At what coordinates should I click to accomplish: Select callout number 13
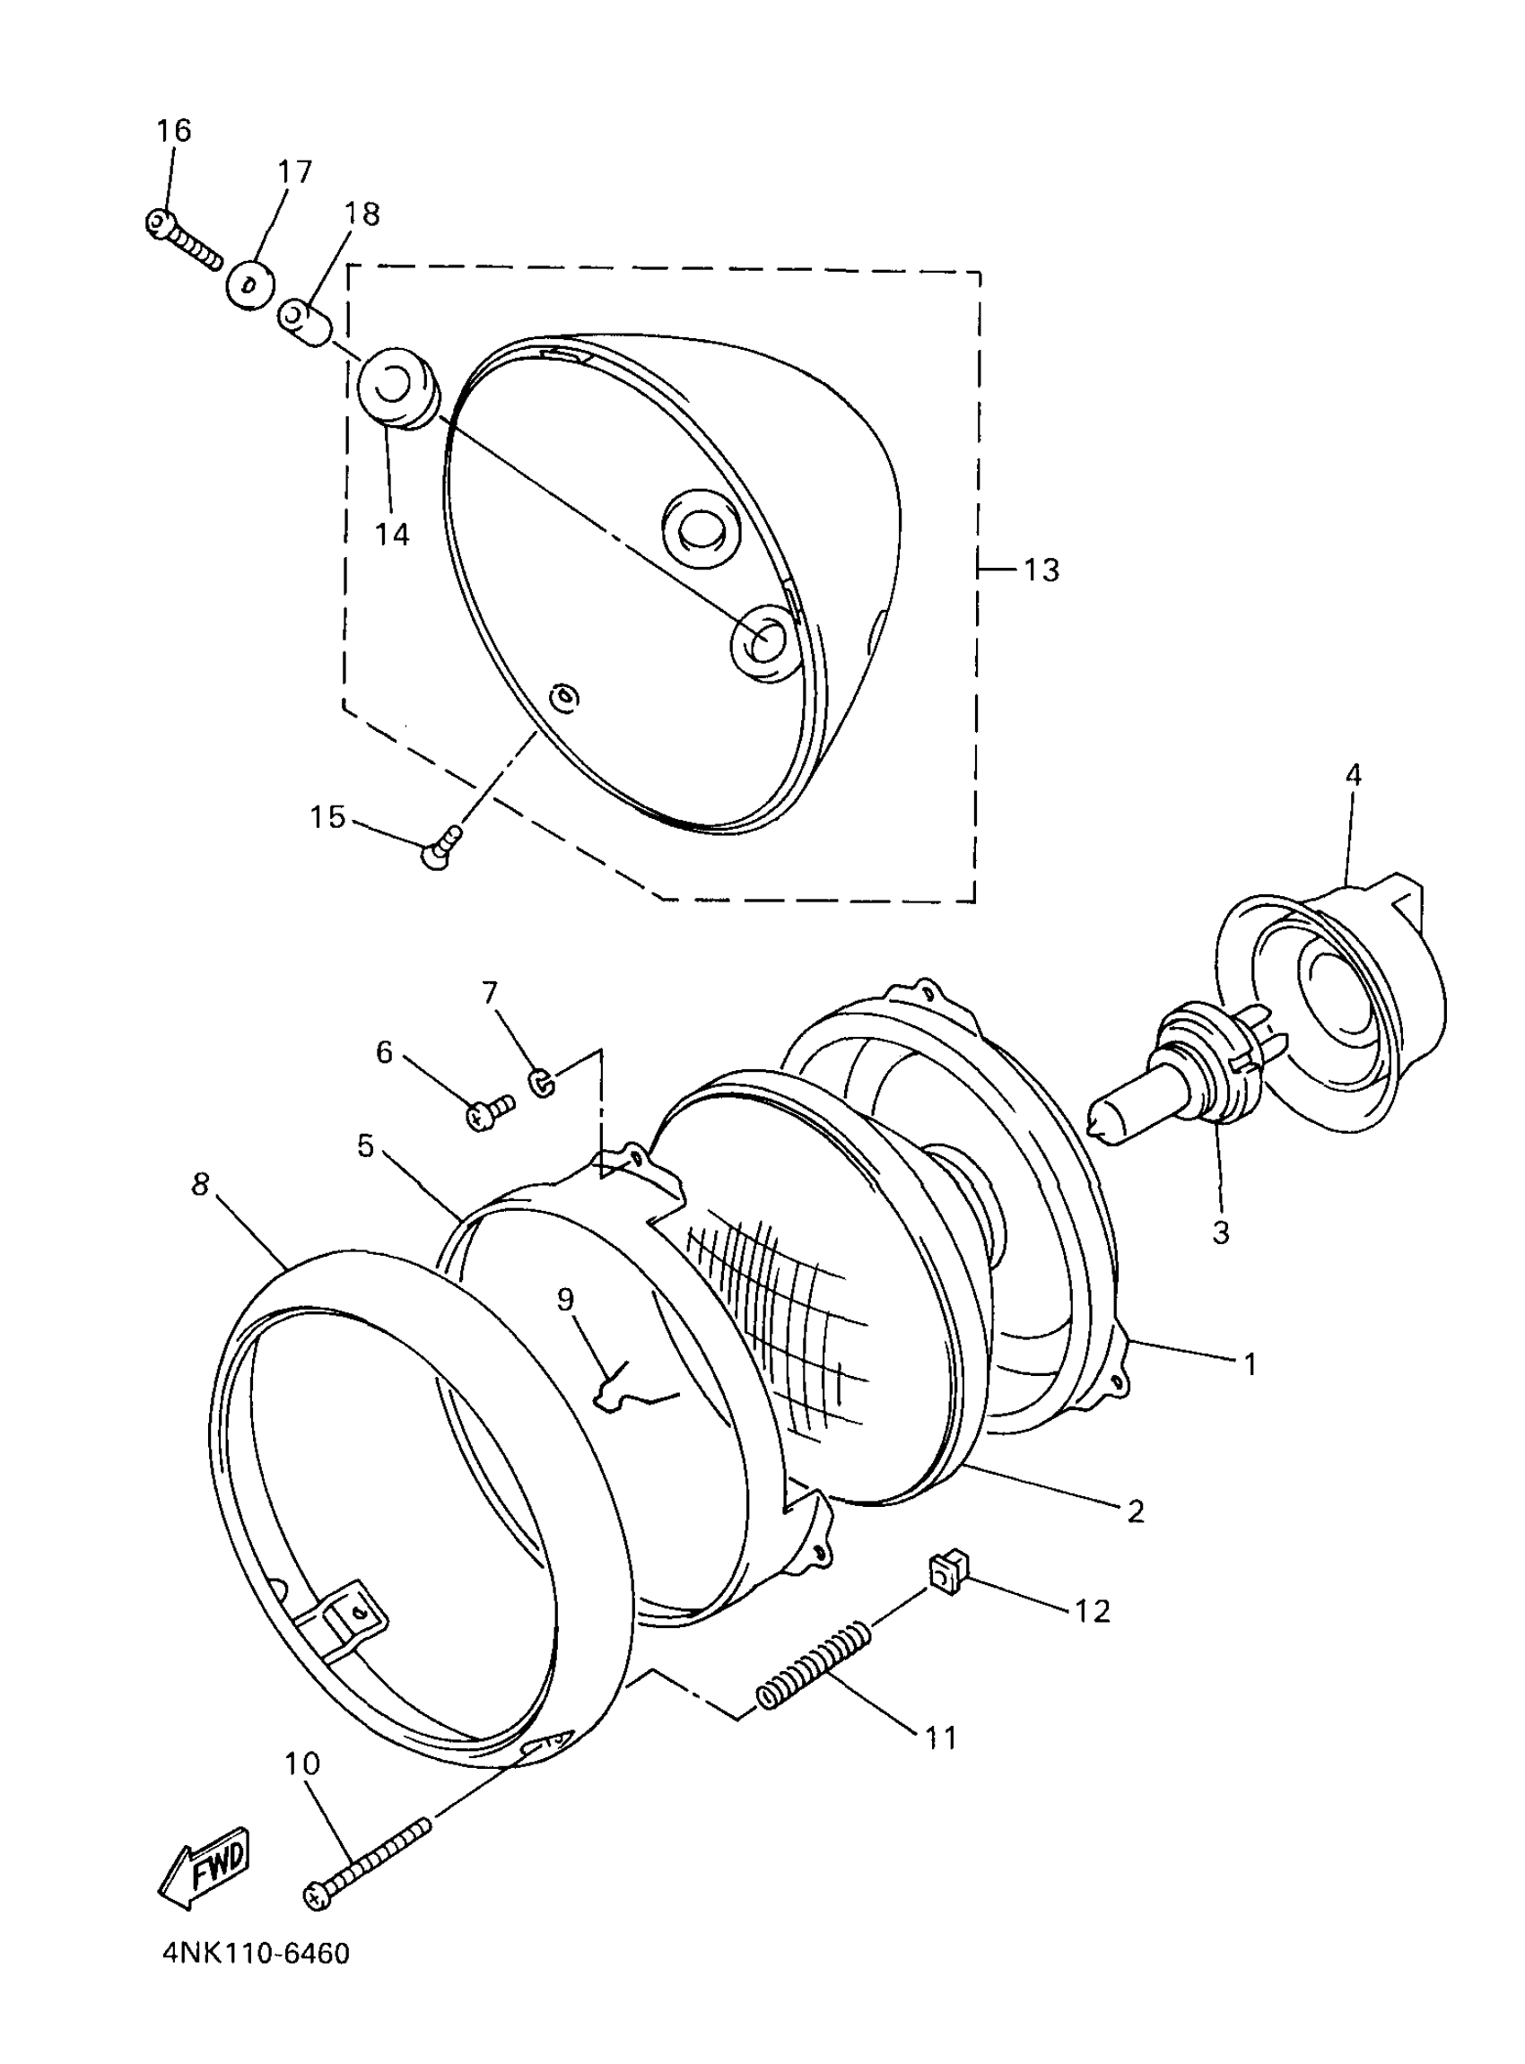(x=1041, y=570)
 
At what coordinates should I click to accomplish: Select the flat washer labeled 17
(x=250, y=282)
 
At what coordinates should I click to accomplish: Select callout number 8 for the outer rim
(x=200, y=1184)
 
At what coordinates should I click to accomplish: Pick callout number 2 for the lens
(x=1136, y=1511)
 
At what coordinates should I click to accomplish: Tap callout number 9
(x=565, y=1300)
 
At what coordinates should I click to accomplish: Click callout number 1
(x=1250, y=1363)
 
